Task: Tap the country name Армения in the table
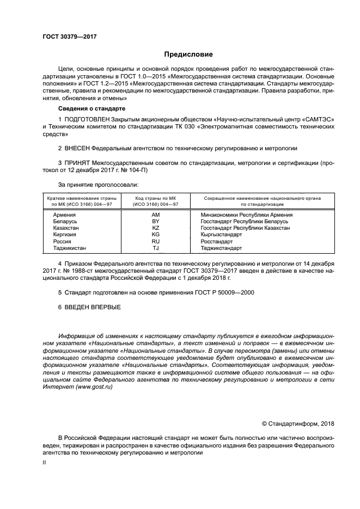coord(64,215)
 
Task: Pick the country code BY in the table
coord(155,222)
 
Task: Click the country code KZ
coord(155,228)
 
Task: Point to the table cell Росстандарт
coord(217,241)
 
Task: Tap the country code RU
coord(155,241)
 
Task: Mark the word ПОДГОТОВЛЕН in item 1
coord(87,118)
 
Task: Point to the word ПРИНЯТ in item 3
coord(77,162)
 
